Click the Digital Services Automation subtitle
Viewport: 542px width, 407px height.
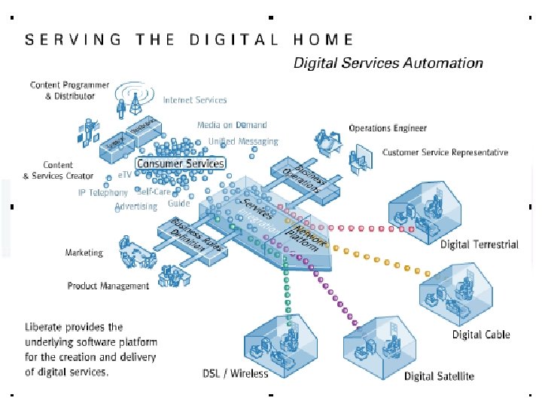pos(388,63)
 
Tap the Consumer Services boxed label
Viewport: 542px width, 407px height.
pos(180,163)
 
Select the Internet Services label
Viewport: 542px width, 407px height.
pos(195,99)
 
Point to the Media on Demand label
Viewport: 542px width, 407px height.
pos(232,125)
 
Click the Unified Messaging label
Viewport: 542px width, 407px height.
pos(243,141)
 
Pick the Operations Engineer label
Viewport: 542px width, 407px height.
pos(388,128)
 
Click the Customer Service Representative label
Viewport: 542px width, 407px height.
pos(445,152)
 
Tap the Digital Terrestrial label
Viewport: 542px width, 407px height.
pos(480,244)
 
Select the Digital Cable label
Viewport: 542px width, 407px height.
pos(481,335)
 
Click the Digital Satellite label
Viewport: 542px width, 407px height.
pos(440,375)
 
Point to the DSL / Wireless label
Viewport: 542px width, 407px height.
pos(236,374)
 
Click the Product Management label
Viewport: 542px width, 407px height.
pos(108,286)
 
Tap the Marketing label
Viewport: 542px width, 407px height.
pos(84,252)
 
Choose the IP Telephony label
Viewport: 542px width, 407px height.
pos(103,192)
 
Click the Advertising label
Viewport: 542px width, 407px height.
pos(136,206)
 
